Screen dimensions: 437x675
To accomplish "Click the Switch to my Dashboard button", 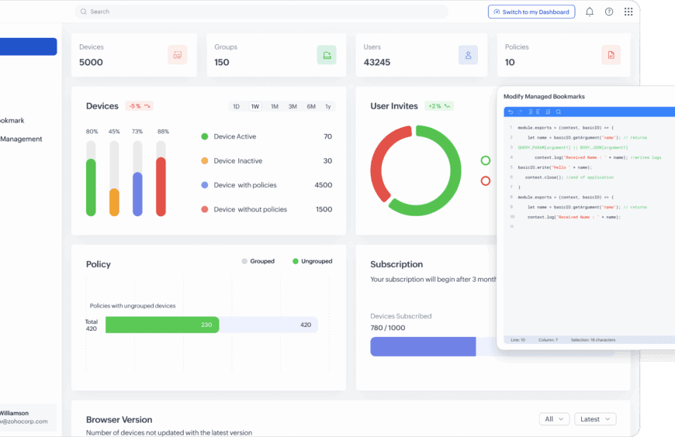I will coord(531,12).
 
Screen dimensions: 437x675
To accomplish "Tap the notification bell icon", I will coord(590,12).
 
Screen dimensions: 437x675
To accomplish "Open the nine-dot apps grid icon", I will coord(628,12).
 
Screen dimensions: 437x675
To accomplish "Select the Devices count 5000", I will coord(91,63).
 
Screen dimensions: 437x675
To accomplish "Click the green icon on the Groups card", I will coord(327,55).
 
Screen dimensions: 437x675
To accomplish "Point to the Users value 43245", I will coord(377,63).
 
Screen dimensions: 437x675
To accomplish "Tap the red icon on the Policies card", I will coord(611,55).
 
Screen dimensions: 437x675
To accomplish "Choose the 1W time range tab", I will coord(255,106).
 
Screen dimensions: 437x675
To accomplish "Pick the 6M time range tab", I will coord(311,106).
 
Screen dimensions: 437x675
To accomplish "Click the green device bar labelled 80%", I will coord(92,187).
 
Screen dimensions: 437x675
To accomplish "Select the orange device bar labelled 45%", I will coord(114,201).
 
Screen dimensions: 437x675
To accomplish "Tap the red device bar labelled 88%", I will coord(161,186).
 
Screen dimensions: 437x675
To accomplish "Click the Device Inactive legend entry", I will coord(237,161).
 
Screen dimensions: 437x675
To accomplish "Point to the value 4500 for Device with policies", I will coord(323,185).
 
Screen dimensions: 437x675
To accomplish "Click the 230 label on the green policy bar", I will coord(206,325).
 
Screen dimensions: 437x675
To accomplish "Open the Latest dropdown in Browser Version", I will coord(595,419).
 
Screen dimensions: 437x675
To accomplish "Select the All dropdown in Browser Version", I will coord(554,419).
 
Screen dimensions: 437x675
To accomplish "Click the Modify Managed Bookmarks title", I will coord(544,96).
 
